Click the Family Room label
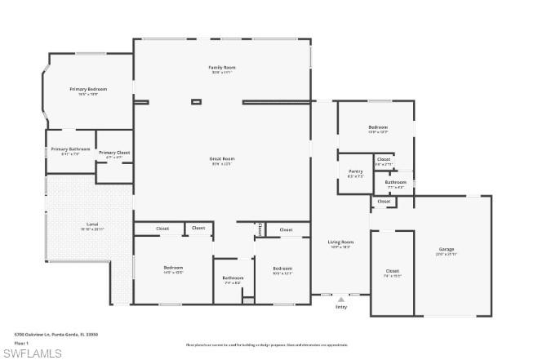pos(220,67)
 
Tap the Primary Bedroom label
pos(88,89)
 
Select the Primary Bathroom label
pos(70,149)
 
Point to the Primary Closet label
pos(114,153)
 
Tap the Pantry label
pos(355,171)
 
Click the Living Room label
pos(340,242)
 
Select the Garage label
pos(447,249)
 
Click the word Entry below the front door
pos(340,307)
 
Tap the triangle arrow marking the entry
pos(340,299)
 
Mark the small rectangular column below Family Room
pos(196,102)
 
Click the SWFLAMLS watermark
pos(32,353)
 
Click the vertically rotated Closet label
pos(260,229)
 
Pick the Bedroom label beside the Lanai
pos(173,268)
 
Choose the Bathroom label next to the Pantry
pos(396,182)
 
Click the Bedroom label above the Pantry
pos(378,127)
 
